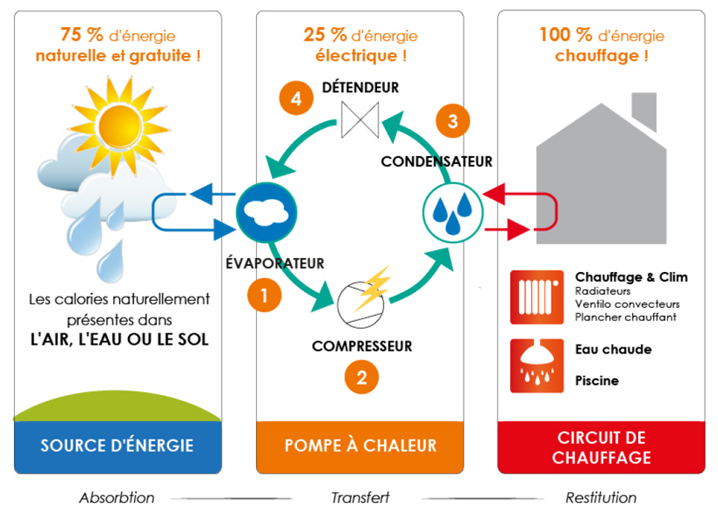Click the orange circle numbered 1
click(x=265, y=294)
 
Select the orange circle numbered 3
click(x=452, y=121)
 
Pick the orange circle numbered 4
click(x=296, y=99)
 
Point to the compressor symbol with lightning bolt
click(x=361, y=295)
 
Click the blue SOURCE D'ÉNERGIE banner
click(x=117, y=447)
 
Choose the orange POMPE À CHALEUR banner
click(x=360, y=447)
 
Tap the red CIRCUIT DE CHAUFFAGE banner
click(x=601, y=447)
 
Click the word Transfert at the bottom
click(x=360, y=498)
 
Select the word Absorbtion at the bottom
click(x=117, y=498)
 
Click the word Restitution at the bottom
click(x=601, y=498)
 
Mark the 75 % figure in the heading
click(x=82, y=35)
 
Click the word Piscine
click(x=597, y=381)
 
